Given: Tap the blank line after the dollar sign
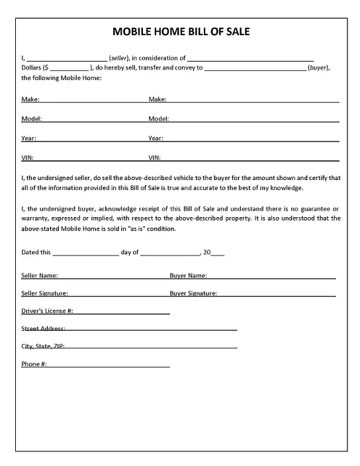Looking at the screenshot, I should tap(69, 69).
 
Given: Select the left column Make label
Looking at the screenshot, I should tap(30, 99).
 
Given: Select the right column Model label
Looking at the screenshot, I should tap(158, 119).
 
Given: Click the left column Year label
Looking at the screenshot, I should tap(28, 138).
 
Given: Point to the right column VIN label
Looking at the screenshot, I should tap(154, 158).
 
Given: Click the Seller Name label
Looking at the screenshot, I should tap(39, 275).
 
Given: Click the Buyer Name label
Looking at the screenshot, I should tap(188, 275).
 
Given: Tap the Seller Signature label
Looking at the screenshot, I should tap(44, 293).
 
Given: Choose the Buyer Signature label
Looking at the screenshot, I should tap(193, 293).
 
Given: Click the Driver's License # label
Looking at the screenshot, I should tap(47, 310).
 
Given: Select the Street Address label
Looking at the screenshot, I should tap(43, 328).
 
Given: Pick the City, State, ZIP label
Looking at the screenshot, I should tap(42, 346).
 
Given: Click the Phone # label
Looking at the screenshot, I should tap(34, 364).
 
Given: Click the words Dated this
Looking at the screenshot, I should tap(36, 252).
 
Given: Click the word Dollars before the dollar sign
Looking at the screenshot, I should tap(31, 68).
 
